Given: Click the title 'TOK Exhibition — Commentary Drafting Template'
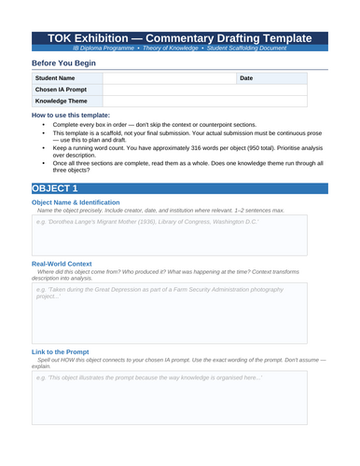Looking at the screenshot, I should [180, 37].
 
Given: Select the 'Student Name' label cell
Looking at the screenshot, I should [55, 78].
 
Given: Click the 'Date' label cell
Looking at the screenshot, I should [246, 78].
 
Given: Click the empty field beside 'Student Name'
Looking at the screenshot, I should [168, 78].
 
